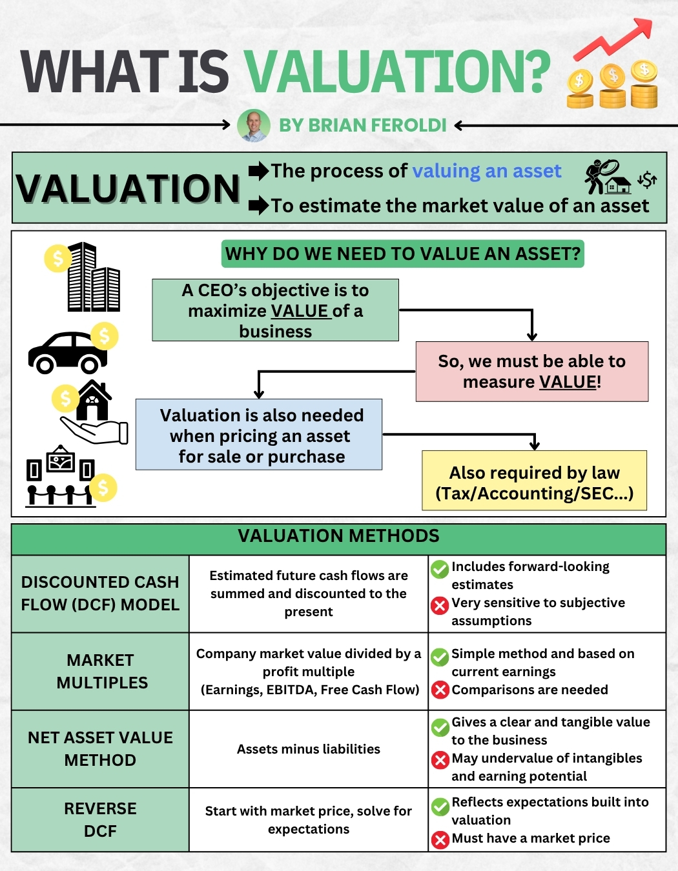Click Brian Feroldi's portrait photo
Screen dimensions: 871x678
254,125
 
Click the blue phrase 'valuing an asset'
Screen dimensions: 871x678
487,171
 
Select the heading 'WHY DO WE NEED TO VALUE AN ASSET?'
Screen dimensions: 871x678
403,254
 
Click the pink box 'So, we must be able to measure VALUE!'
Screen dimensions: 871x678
532,372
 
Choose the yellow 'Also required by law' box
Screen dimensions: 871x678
535,481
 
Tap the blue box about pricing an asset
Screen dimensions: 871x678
260,435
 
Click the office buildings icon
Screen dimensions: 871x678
93,277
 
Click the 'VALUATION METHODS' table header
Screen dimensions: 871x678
338,536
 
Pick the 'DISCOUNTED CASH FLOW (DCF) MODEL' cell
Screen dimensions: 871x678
100,594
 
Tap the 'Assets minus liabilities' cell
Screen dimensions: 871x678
309,749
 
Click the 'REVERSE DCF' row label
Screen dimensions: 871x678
100,819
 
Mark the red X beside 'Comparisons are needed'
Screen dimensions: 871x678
440,690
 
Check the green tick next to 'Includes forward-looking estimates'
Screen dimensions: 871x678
440,569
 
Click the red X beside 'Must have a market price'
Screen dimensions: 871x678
440,839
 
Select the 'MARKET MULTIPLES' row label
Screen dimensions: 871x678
101,671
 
